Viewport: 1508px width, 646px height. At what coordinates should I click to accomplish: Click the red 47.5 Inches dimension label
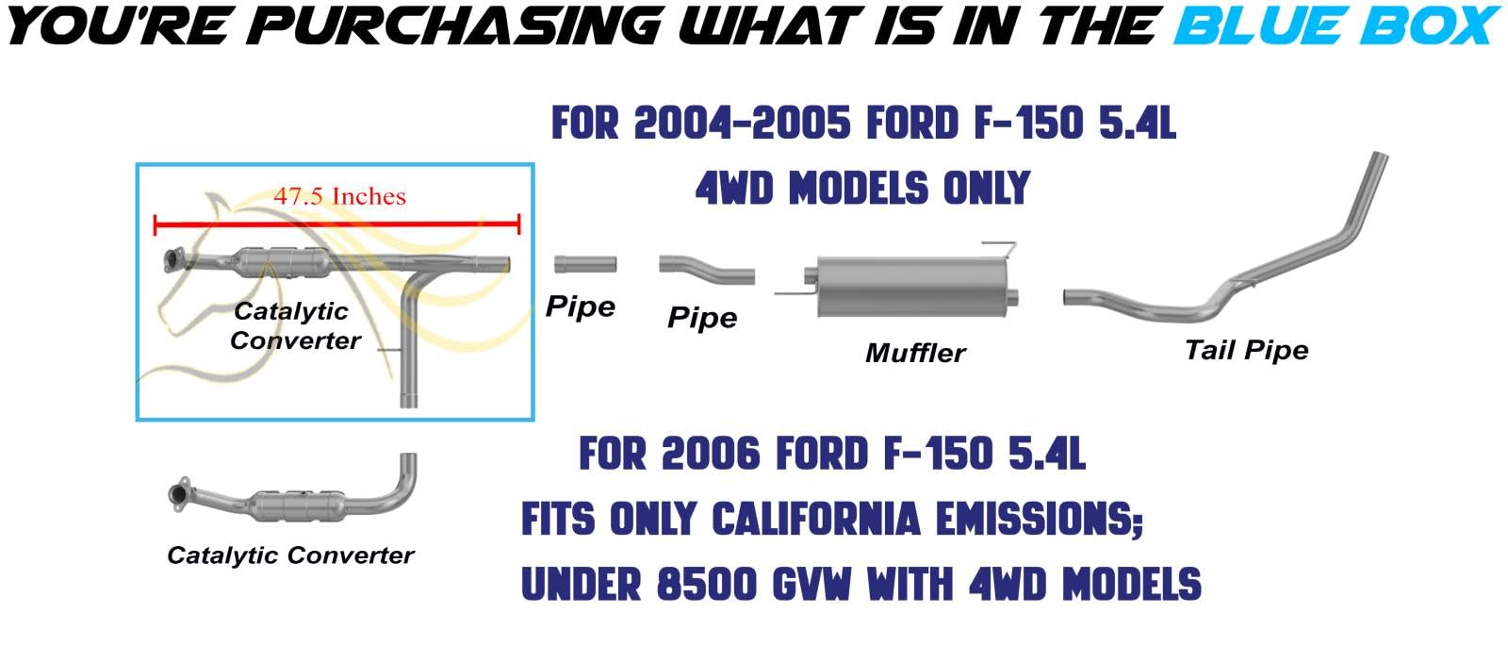(339, 197)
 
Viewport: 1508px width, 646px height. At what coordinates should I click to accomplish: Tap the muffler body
(911, 287)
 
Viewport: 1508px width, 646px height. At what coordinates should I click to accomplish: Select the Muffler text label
(915, 353)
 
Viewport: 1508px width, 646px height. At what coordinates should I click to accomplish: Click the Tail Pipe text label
(1246, 350)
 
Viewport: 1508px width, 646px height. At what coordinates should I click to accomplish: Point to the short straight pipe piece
(585, 264)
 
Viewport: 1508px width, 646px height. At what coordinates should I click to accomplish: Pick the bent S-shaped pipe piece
(707, 269)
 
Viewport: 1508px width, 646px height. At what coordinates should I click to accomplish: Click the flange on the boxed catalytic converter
(173, 260)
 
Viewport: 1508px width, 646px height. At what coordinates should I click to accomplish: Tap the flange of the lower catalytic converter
(179, 494)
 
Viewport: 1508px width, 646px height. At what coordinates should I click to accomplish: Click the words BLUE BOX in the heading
(1336, 25)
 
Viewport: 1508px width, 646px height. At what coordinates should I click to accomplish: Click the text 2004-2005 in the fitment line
(743, 124)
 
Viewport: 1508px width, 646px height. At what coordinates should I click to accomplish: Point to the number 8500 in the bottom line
(706, 584)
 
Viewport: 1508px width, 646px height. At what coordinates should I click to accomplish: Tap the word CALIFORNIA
(815, 520)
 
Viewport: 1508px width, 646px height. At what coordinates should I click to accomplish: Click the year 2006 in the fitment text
(711, 454)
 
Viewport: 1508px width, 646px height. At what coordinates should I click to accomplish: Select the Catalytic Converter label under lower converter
(290, 555)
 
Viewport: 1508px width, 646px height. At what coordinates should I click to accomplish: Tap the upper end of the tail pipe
(1380, 157)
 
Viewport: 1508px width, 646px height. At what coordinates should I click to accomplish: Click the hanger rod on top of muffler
(1002, 248)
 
